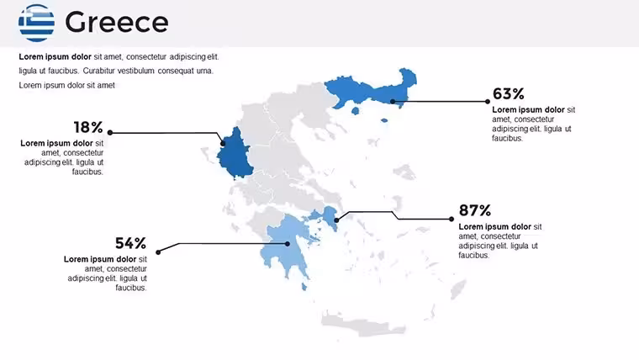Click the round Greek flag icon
click(36, 23)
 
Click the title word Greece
click(117, 22)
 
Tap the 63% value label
click(508, 93)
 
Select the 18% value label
click(88, 127)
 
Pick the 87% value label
click(475, 210)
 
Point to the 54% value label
click(130, 243)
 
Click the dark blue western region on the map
click(235, 154)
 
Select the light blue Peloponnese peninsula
click(288, 246)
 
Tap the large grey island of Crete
click(362, 325)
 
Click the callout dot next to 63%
click(488, 102)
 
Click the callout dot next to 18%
click(110, 133)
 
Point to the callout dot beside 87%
click(452, 219)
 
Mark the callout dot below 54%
click(158, 252)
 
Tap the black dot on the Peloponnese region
click(288, 244)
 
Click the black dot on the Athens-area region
click(336, 220)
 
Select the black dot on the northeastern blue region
click(392, 102)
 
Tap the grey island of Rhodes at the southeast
click(457, 289)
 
